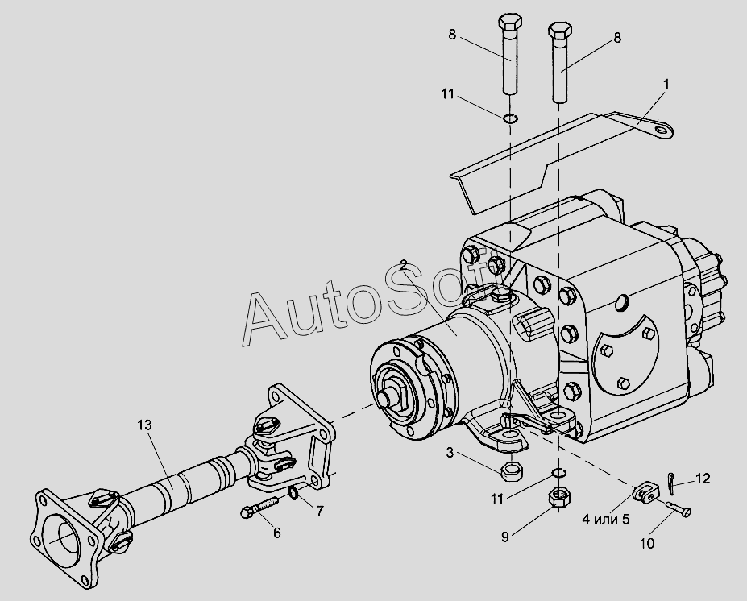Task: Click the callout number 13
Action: pos(144,425)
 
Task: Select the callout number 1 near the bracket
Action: pos(666,84)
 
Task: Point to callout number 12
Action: pos(703,479)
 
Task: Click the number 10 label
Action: pos(647,544)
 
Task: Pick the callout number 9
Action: pos(505,537)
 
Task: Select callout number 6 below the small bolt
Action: pos(276,533)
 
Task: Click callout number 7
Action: pos(320,511)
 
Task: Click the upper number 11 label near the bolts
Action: pos(448,95)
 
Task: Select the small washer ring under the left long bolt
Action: pos(509,120)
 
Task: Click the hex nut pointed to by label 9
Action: pos(557,499)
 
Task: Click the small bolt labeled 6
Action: pos(258,508)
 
